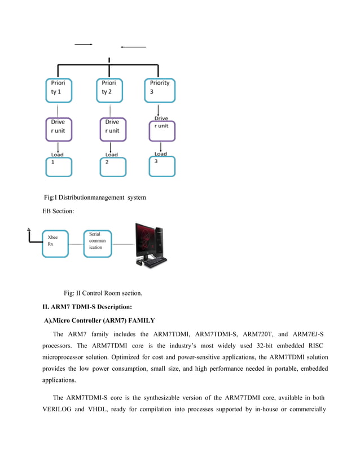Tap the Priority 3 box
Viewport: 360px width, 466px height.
160,90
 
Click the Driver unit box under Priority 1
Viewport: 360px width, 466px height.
59,129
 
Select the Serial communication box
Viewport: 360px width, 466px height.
98,243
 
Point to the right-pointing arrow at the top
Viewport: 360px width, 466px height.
83,44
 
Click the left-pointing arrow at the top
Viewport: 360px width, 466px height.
133,47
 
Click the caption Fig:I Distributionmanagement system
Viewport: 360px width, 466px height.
95,197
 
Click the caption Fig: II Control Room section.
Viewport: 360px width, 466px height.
103,293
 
